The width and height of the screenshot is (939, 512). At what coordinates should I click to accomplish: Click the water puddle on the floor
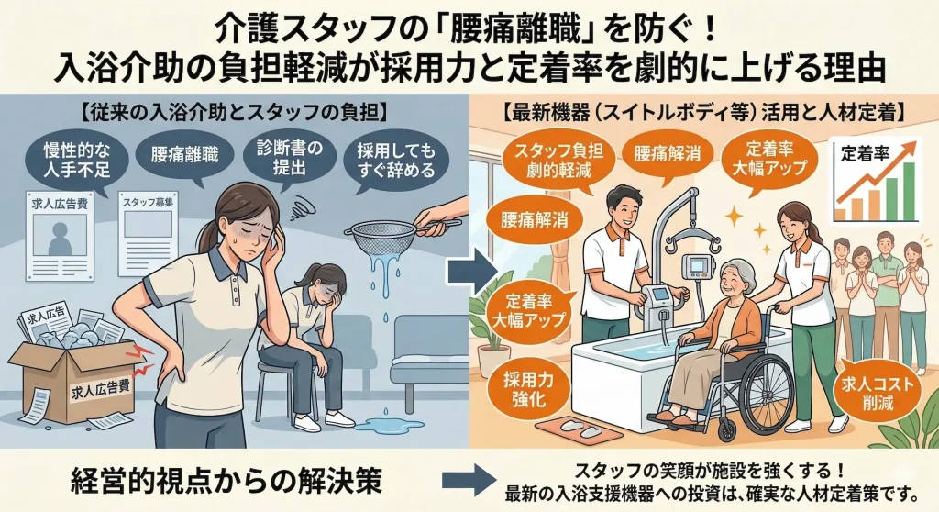click(379, 423)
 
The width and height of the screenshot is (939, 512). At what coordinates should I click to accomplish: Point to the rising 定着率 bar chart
click(878, 184)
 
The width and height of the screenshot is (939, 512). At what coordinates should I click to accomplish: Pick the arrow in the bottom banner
click(469, 480)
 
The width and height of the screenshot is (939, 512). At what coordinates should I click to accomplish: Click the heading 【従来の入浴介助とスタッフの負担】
click(234, 115)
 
